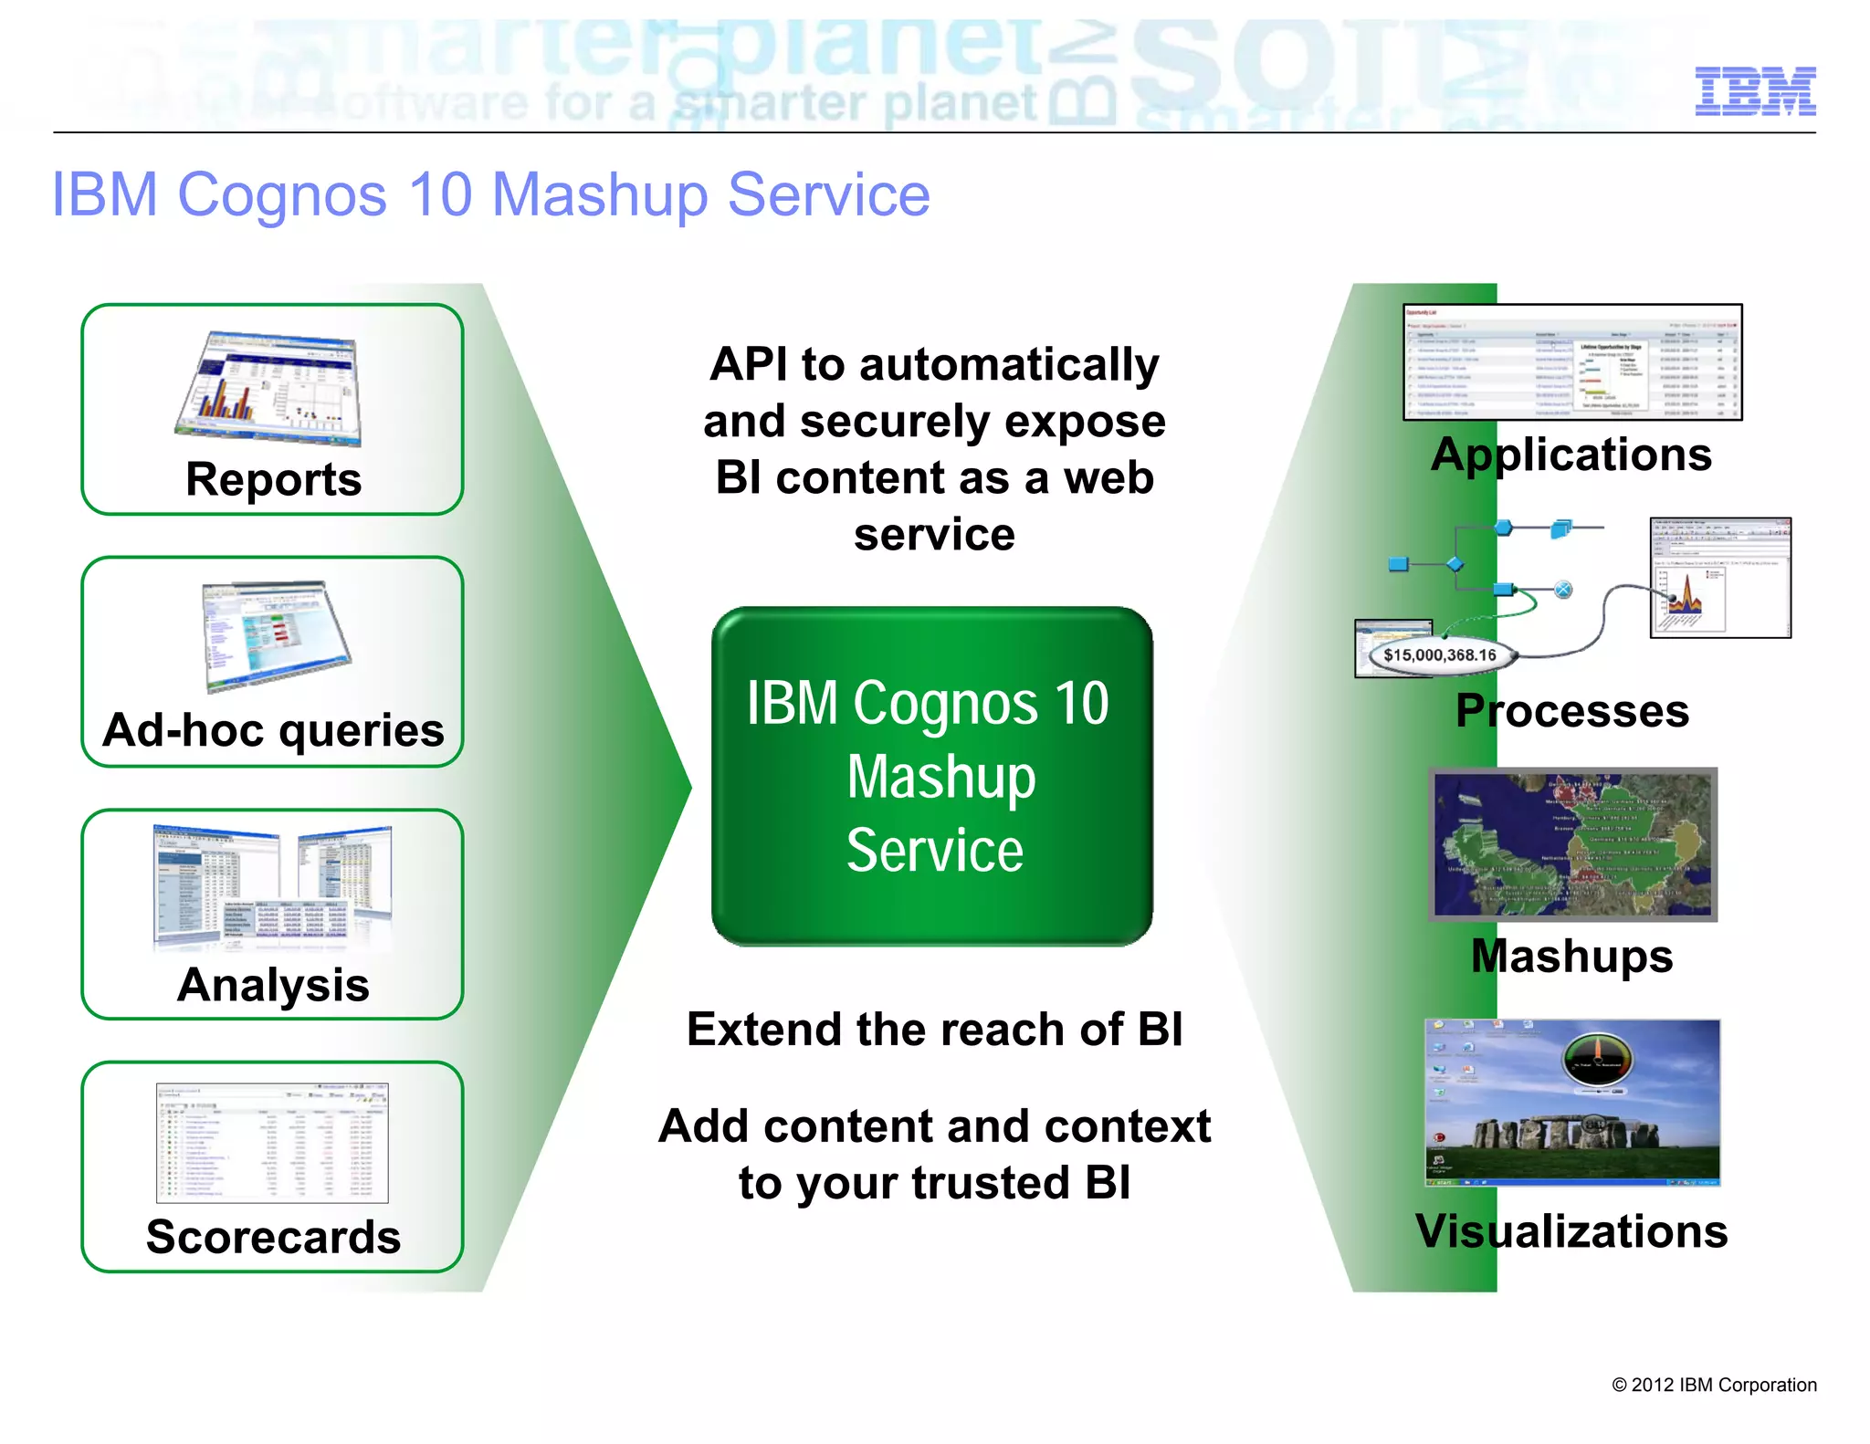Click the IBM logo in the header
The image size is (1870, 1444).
1754,91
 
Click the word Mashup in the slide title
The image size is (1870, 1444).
599,195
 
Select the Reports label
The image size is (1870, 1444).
273,480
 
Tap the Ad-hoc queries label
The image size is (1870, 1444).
273,730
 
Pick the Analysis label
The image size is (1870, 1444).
273,985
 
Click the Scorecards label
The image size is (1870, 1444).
273,1237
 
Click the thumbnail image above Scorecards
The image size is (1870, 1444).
272,1142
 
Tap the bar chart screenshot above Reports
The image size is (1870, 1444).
271,390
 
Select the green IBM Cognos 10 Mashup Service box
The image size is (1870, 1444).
931,776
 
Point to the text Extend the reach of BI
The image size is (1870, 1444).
934,1030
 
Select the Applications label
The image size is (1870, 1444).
1571,455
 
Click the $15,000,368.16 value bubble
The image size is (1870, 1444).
1439,654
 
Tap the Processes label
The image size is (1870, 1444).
1571,711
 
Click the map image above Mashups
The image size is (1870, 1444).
1572,844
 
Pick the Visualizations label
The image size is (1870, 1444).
1571,1231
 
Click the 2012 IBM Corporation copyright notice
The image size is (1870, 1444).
1714,1385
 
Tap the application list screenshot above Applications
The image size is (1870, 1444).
1571,362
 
